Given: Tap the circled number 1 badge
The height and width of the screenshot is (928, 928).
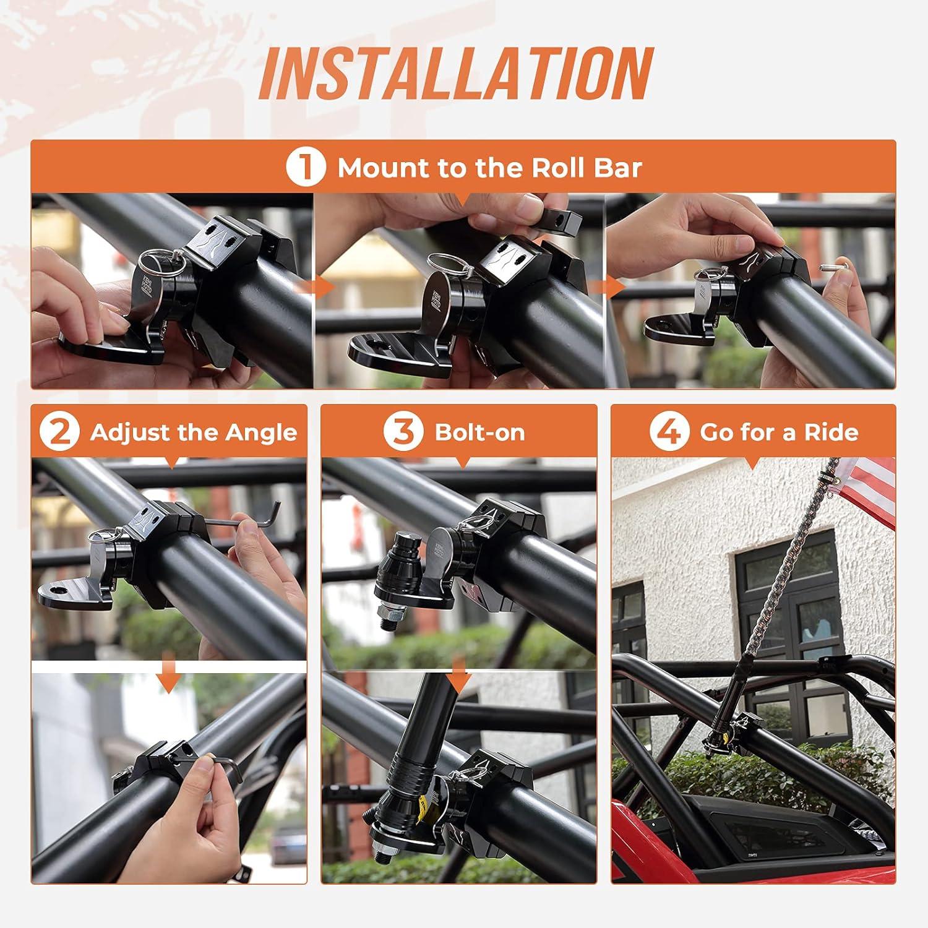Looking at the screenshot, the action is coord(305,168).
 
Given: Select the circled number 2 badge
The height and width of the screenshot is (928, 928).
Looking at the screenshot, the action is coord(59,432).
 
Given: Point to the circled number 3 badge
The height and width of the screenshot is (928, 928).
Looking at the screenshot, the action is coord(403,432).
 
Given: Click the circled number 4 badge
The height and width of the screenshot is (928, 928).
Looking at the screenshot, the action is coord(669,432).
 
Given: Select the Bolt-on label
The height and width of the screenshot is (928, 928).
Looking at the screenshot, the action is coord(479,432).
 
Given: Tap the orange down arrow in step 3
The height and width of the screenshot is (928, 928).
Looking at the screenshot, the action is coord(458,675).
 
